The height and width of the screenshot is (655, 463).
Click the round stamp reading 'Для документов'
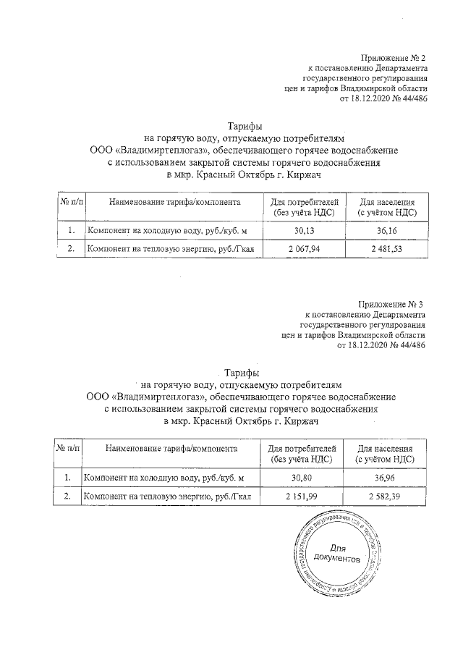(x=337, y=554)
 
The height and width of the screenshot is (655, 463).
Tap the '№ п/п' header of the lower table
(x=67, y=449)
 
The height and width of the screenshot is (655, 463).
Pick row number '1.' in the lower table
(x=67, y=478)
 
